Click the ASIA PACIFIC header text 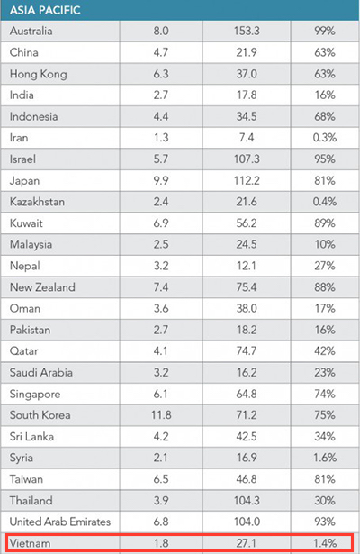(45, 10)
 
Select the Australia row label (31, 32)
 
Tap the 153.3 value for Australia (247, 32)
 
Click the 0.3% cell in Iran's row (325, 138)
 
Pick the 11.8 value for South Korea (161, 414)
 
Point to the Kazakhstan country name (37, 202)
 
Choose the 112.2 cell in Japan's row (247, 180)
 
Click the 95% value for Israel (325, 159)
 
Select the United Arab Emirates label (60, 522)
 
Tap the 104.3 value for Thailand (247, 500)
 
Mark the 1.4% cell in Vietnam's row (325, 543)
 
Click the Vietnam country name (30, 543)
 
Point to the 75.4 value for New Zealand (247, 287)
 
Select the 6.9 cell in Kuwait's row (161, 223)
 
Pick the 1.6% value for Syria (325, 458)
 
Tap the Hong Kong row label (38, 74)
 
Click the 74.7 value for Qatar (247, 350)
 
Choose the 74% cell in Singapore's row (325, 394)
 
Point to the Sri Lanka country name (31, 436)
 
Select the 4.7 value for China (161, 52)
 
